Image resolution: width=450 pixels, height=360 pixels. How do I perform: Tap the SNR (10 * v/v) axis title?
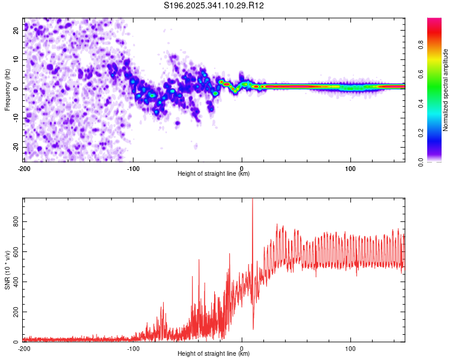click(x=7, y=269)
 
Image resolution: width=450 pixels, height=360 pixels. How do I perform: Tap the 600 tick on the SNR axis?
click(x=14, y=252)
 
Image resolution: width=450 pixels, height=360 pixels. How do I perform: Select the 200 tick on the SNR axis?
click(x=14, y=313)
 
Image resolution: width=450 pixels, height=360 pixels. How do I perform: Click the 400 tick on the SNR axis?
click(x=14, y=282)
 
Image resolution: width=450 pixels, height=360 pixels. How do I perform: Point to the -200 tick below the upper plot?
click(x=24, y=167)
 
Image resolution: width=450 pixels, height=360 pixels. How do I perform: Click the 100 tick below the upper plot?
click(x=350, y=167)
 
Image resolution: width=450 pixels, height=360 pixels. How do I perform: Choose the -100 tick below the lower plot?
click(x=133, y=348)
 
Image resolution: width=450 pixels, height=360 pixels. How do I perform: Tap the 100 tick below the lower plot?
click(x=350, y=348)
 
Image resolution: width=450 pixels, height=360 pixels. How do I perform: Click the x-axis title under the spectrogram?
click(x=214, y=174)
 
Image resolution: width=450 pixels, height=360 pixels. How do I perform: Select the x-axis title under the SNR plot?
click(x=214, y=354)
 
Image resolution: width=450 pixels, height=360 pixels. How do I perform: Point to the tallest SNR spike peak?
click(x=252, y=199)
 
